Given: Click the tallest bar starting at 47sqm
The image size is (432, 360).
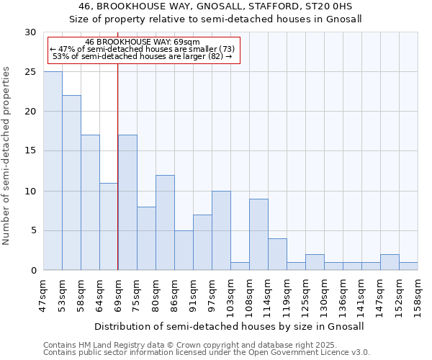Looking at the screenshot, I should (53, 171).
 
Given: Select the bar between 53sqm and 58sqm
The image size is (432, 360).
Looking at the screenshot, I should (71, 183).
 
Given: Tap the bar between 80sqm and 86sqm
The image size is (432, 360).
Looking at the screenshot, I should (165, 222).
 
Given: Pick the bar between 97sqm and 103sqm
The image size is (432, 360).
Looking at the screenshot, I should (221, 230).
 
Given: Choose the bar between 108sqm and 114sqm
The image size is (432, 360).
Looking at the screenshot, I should (258, 235).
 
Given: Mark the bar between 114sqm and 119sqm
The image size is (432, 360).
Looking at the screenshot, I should (277, 254).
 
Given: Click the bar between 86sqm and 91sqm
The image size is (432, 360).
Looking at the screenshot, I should (184, 251).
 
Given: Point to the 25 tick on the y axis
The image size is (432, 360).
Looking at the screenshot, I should (30, 72).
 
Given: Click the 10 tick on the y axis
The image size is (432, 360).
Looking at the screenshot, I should (30, 192).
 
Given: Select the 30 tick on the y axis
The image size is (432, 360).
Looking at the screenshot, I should (30, 32).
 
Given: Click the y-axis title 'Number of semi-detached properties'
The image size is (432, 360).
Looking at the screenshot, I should (7, 155).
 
